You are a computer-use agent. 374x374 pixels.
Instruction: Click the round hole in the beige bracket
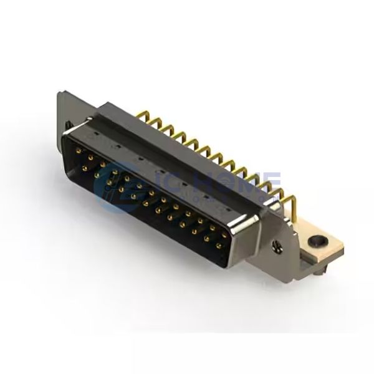pos(319,239)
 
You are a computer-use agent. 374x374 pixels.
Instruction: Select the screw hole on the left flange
pos(67,125)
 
